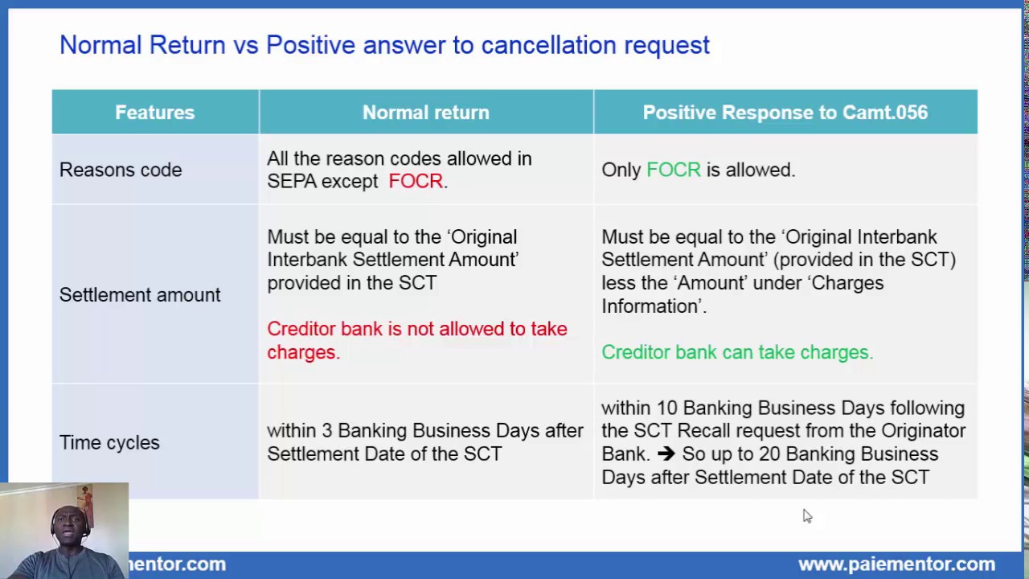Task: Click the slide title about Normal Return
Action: (384, 45)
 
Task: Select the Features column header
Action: (154, 113)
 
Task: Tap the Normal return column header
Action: (425, 113)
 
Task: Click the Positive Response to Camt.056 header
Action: (785, 113)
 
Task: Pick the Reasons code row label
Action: (121, 170)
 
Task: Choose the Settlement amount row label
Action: (140, 295)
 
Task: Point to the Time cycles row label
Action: (109, 442)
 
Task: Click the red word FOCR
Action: (415, 181)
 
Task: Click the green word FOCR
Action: (673, 170)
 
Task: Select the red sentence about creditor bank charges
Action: (416, 340)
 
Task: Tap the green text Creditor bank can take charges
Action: (736, 352)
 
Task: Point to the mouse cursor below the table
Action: (807, 516)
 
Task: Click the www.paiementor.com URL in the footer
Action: (896, 565)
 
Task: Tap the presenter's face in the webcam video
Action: (70, 528)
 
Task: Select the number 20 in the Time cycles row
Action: (769, 454)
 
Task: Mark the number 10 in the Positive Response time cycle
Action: (667, 408)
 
